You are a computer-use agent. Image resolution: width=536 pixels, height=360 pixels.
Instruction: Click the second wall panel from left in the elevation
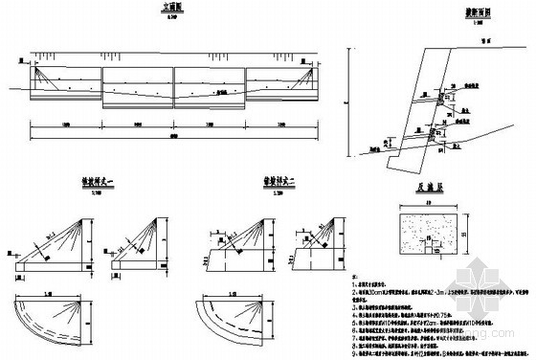coord(137,84)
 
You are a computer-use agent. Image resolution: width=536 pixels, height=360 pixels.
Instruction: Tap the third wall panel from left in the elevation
coord(209,84)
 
